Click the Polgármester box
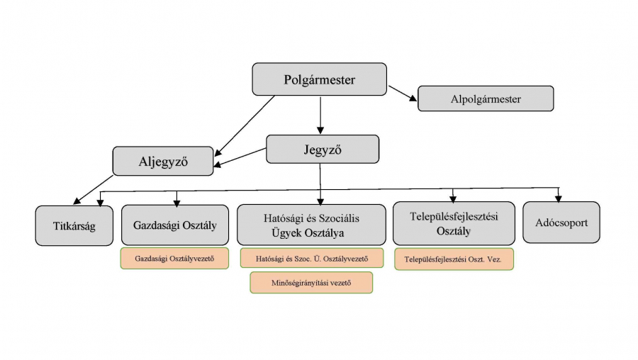click(319, 79)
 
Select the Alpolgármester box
click(486, 99)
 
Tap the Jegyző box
click(323, 149)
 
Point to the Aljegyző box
click(162, 161)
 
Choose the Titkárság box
click(74, 226)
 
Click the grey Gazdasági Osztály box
click(175, 225)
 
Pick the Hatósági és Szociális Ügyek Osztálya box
click(312, 225)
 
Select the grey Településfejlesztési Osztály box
click(454, 224)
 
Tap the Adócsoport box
click(561, 223)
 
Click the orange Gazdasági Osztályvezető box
click(174, 258)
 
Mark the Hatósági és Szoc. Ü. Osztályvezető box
click(312, 258)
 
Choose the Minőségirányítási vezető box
click(311, 282)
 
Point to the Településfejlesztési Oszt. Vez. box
click(454, 259)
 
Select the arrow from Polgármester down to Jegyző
click(320, 115)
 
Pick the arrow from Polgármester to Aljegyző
click(245, 125)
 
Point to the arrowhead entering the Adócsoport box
click(559, 198)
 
